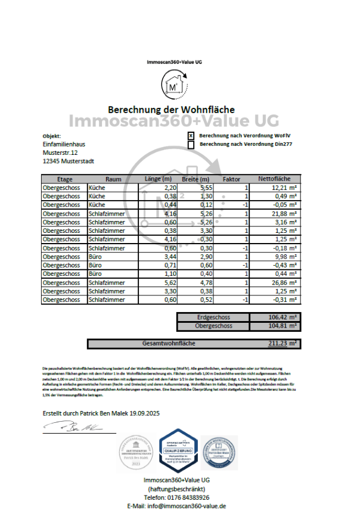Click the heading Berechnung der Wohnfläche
click(x=171, y=110)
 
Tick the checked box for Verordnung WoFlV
click(x=191, y=136)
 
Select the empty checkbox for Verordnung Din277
click(x=191, y=144)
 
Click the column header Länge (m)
click(x=158, y=179)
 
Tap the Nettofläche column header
click(x=274, y=179)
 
